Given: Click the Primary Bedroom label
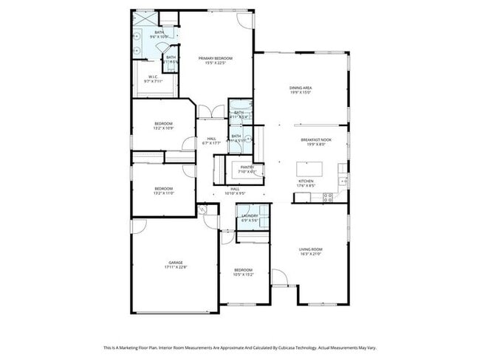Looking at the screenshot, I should [215, 58].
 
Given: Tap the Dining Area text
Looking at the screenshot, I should [300, 88].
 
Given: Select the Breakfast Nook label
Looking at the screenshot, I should [315, 140].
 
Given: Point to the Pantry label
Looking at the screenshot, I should [247, 167].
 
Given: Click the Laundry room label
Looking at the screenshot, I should [250, 215].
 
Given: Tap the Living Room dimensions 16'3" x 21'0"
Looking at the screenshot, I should [310, 254].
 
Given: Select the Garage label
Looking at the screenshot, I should [175, 263].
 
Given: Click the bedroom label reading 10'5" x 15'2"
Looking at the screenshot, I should [244, 274].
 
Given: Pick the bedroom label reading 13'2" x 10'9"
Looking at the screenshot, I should [163, 128].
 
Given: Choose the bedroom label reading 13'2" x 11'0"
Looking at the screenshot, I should [163, 193].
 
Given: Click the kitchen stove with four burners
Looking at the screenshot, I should [343, 181].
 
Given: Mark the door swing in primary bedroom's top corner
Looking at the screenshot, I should [245, 20].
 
